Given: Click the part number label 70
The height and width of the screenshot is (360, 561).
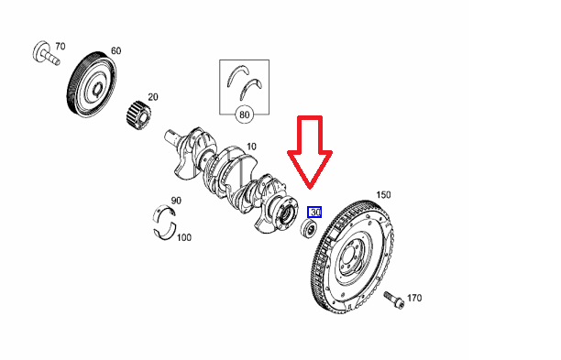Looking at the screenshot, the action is (60, 47).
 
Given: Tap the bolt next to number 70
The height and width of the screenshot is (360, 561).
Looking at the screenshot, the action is (46, 54).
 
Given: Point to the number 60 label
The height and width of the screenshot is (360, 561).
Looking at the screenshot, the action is (115, 50).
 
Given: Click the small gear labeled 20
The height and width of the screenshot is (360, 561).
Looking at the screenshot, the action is (138, 115).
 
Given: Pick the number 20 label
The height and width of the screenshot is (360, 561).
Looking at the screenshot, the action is (153, 97).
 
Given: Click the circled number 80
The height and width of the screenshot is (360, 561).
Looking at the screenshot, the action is (244, 115).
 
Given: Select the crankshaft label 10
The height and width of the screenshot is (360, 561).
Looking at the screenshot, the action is (251, 147).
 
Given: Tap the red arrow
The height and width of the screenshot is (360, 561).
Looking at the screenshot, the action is (310, 152).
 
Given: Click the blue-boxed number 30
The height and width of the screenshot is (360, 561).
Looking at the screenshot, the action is (314, 212).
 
